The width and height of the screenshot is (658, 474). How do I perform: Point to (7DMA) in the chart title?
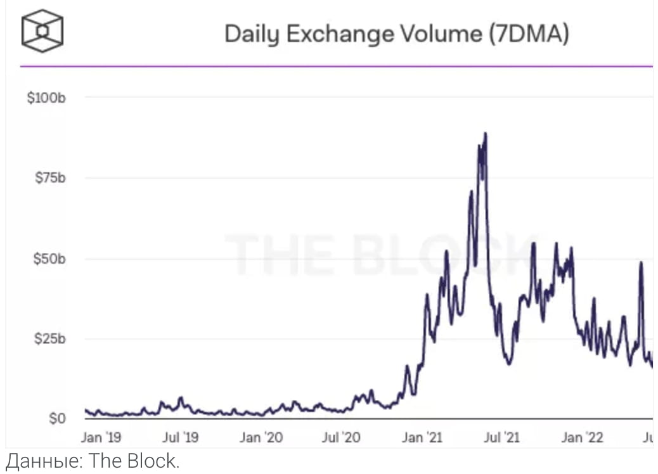click(529, 34)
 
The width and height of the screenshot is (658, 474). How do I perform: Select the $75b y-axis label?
click(50, 178)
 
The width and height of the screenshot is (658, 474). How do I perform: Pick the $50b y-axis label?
click(50, 259)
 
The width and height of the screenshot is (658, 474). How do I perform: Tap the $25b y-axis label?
click(50, 338)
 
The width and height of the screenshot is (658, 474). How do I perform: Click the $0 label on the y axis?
click(58, 419)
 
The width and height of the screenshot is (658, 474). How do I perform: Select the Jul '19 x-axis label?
click(181, 437)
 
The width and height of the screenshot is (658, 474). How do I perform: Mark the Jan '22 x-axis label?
click(584, 437)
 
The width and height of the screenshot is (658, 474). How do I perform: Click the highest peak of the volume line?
click(485, 134)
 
